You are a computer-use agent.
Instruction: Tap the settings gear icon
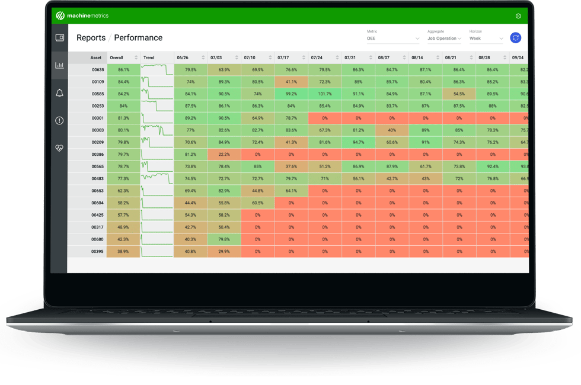pyautogui.click(x=518, y=16)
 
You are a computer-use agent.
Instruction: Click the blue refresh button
pyautogui.click(x=515, y=38)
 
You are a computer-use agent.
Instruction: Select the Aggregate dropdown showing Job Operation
pyautogui.click(x=444, y=38)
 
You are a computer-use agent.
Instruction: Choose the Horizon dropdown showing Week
pyautogui.click(x=486, y=38)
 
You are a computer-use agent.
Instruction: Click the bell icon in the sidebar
pyautogui.click(x=59, y=93)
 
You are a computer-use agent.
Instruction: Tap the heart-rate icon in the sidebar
pyautogui.click(x=59, y=148)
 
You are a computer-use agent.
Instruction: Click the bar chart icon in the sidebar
pyautogui.click(x=59, y=65)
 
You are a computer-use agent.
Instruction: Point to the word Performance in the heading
pyautogui.click(x=138, y=38)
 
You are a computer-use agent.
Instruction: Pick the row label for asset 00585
pyautogui.click(x=98, y=94)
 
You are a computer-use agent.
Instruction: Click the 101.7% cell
pyautogui.click(x=324, y=94)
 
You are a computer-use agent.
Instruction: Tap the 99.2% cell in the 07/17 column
pyautogui.click(x=291, y=94)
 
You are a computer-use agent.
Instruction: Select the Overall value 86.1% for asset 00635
pyautogui.click(x=123, y=69)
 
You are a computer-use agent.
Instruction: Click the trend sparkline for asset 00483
pyautogui.click(x=157, y=178)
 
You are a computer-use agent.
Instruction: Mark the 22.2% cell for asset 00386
pyautogui.click(x=224, y=154)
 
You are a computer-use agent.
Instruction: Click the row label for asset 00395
pyautogui.click(x=98, y=251)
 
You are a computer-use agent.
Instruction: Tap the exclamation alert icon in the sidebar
pyautogui.click(x=59, y=120)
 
